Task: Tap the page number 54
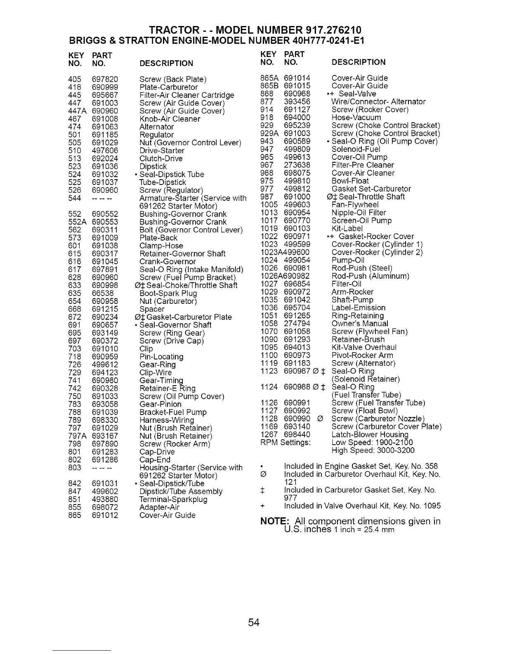pyautogui.click(x=254, y=623)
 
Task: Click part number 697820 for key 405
pyautogui.click(x=105, y=79)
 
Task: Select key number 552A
pyautogui.click(x=77, y=222)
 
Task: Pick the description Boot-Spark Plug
pyautogui.click(x=168, y=294)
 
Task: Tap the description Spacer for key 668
pyautogui.click(x=152, y=309)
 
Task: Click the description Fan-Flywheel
pyautogui.click(x=355, y=205)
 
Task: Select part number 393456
pyautogui.click(x=297, y=102)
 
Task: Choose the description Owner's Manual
pyautogui.click(x=360, y=324)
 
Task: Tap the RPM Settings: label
pyautogui.click(x=286, y=443)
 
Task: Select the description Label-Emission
pyautogui.click(x=359, y=308)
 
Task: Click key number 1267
pyautogui.click(x=269, y=435)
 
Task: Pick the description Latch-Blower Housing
pyautogui.click(x=370, y=435)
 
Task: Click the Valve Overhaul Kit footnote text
pyautogui.click(x=362, y=506)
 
